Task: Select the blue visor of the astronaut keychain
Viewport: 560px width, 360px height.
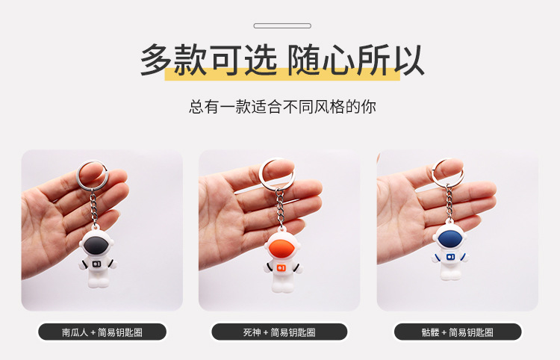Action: pos(450,238)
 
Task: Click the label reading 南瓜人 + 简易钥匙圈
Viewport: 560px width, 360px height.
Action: pos(102,332)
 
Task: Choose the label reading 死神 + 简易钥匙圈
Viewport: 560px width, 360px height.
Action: pos(279,332)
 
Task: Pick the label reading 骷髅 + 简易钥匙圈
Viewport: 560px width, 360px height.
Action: pos(458,332)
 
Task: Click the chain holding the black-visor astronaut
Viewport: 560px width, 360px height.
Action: pos(94,207)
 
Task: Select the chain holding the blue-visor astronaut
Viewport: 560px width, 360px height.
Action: pos(449,203)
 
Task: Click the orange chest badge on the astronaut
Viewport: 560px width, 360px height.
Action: pos(281,268)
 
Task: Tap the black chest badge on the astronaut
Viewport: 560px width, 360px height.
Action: pos(96,264)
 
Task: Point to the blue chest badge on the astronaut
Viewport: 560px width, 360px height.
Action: pos(451,257)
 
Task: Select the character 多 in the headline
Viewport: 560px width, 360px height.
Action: pos(156,59)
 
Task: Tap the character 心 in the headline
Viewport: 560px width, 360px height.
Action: pos(338,60)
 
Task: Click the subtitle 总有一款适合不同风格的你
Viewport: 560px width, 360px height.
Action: pos(282,107)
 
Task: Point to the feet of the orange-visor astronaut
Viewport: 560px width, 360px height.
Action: pos(283,288)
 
